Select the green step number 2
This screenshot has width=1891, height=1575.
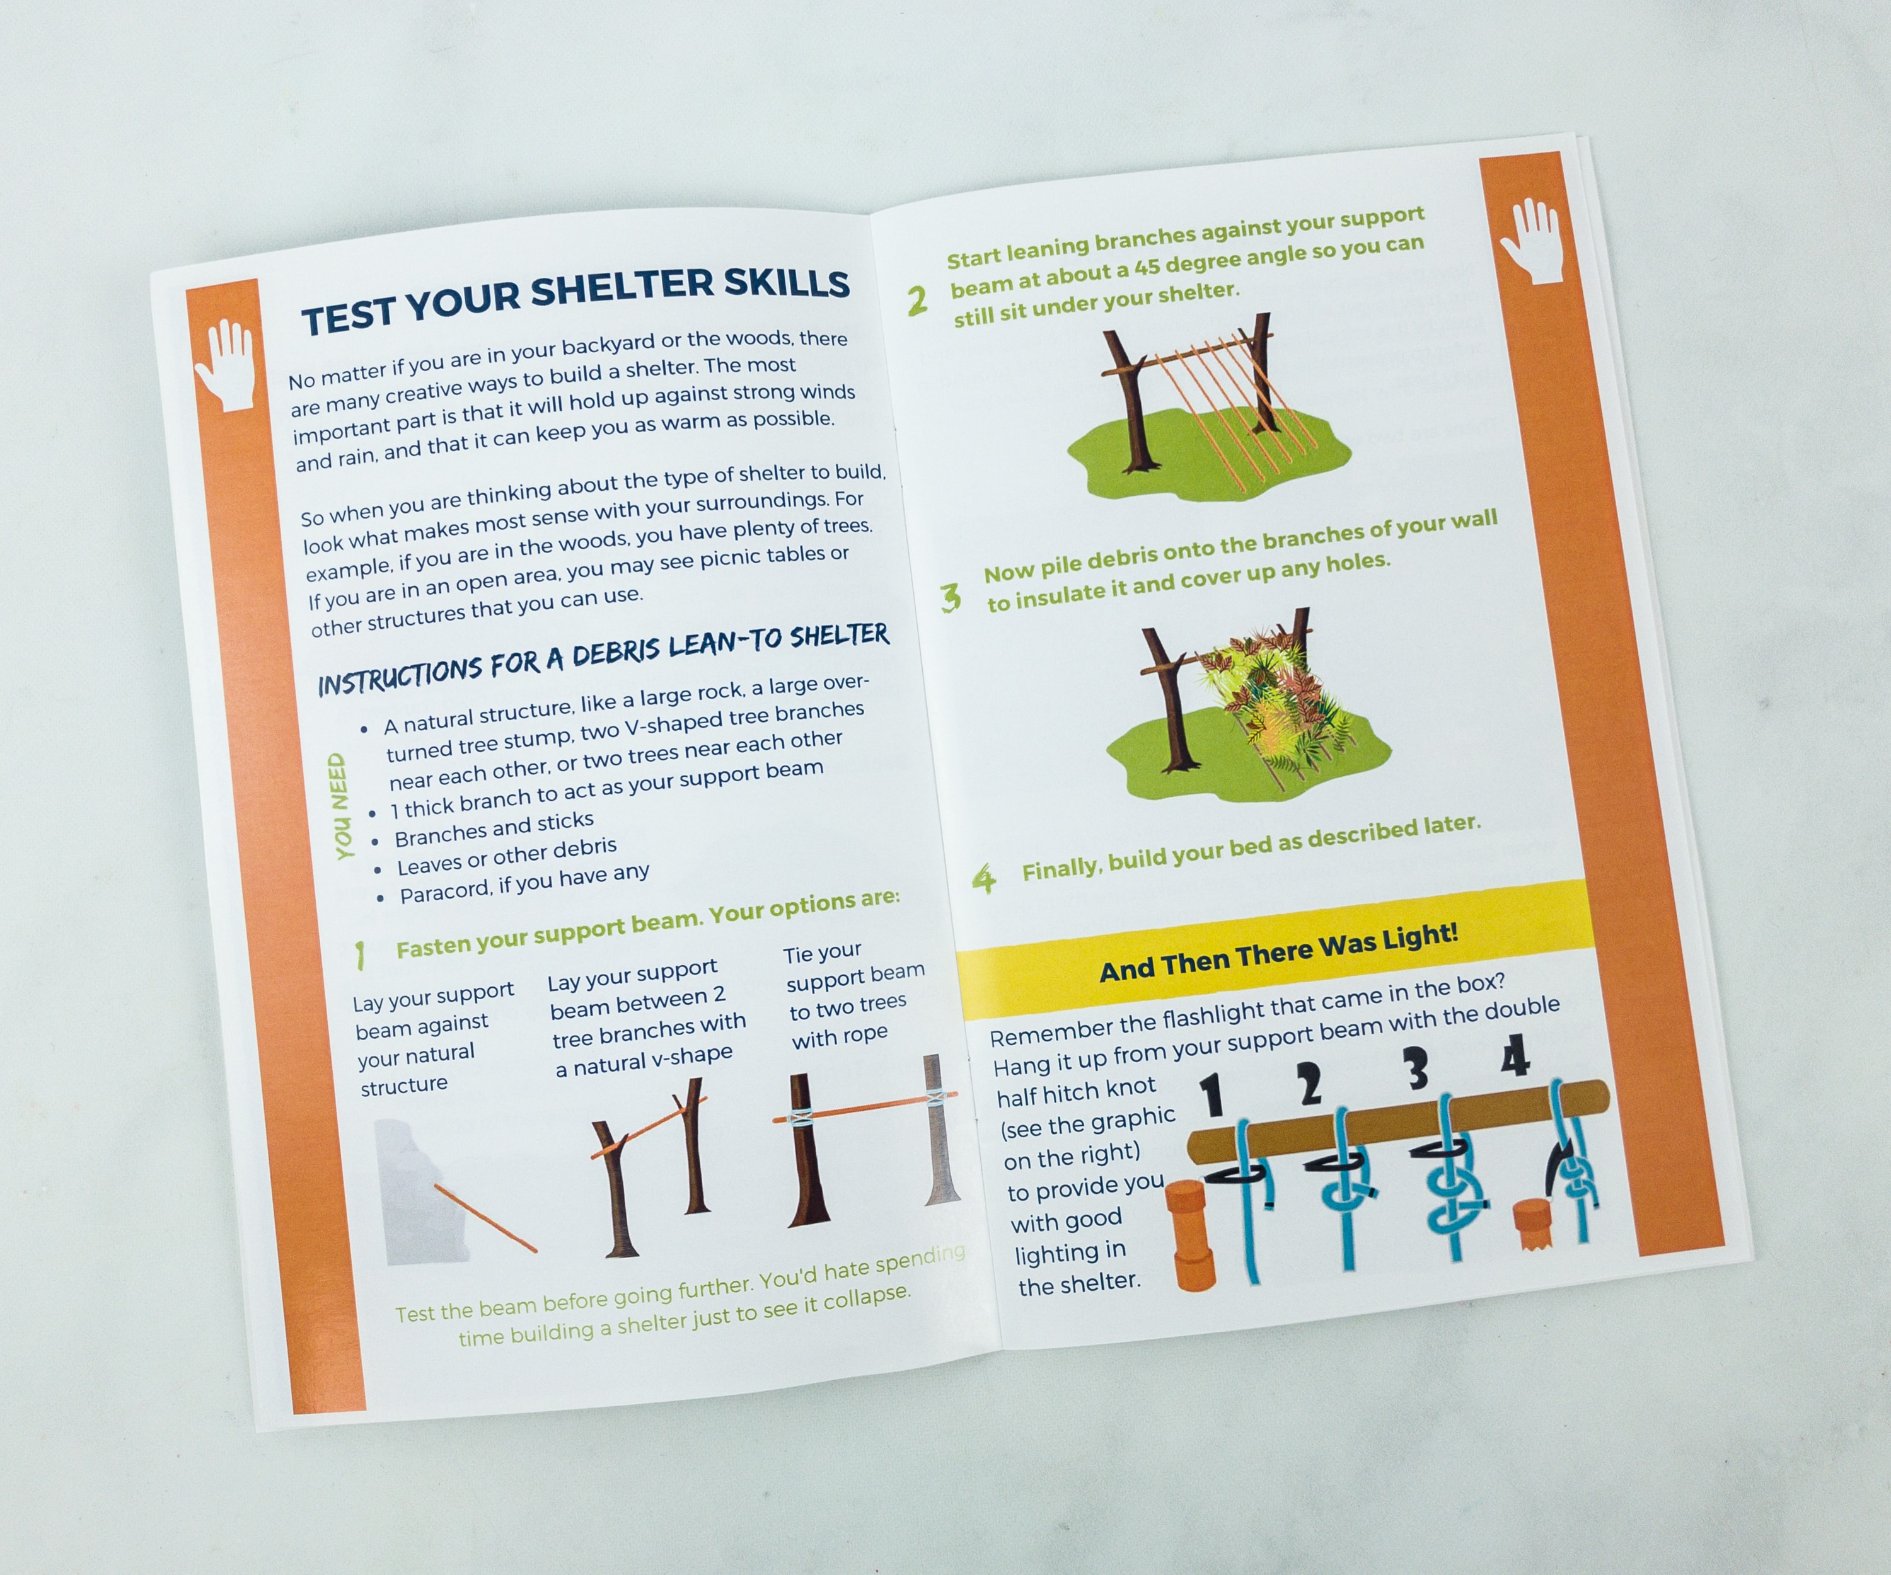coord(917,301)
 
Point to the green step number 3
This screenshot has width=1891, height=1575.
coord(950,598)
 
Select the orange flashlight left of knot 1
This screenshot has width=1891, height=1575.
coord(1191,1235)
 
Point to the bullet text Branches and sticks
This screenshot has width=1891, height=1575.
coord(494,829)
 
